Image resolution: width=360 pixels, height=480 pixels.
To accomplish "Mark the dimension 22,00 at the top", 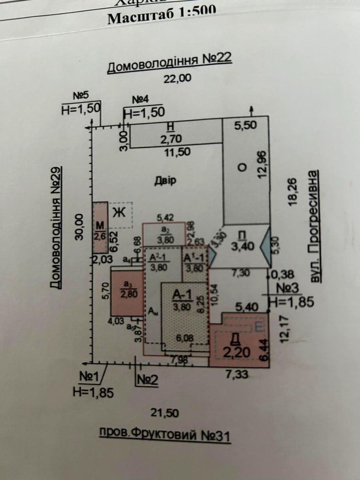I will point(177,79).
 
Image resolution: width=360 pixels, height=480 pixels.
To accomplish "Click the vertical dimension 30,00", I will point(79,227).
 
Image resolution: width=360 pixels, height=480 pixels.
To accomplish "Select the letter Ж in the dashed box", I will point(118,212).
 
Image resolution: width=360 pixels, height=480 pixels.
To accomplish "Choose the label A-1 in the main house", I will point(182,295).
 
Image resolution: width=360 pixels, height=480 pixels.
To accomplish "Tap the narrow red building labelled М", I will point(99,227).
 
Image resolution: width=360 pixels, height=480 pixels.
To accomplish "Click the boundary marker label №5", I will point(80,96).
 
